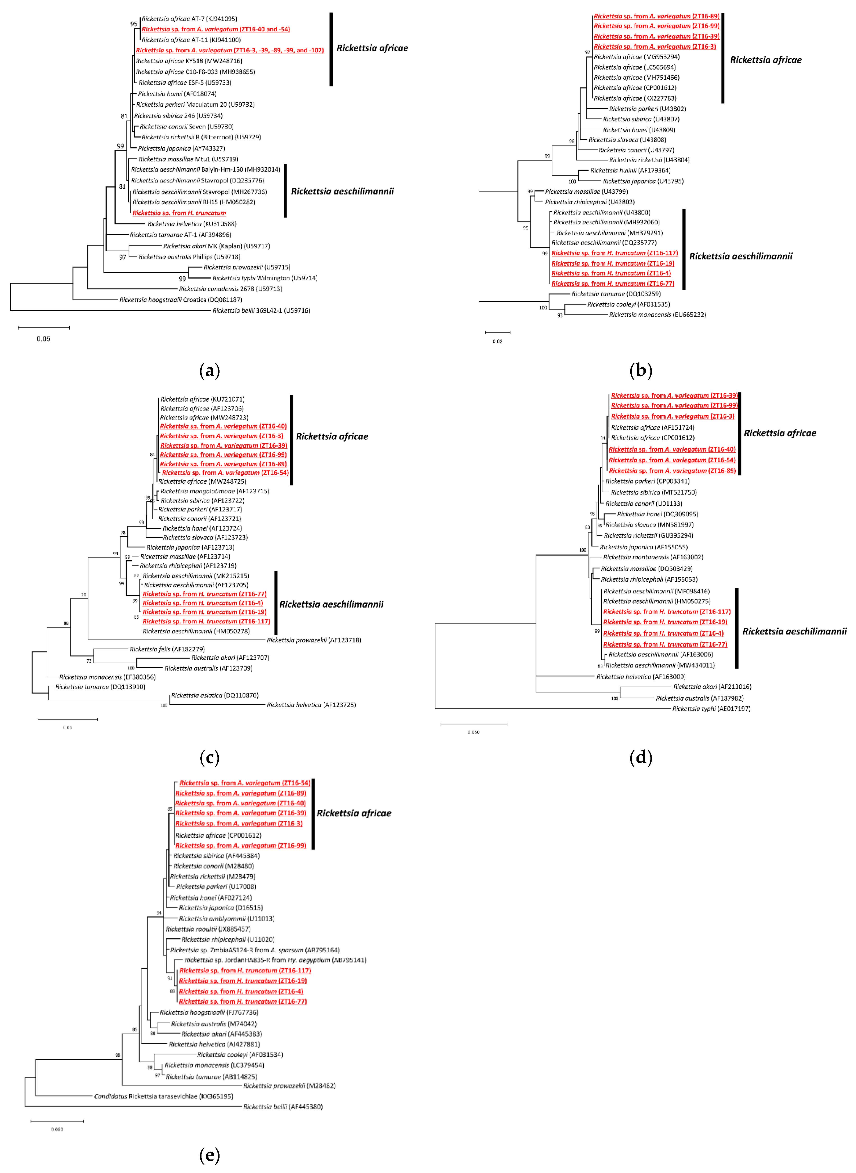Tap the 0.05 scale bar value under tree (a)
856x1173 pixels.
[43, 339]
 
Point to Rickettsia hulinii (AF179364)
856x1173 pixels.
[630, 170]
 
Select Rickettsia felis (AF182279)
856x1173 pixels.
[167, 649]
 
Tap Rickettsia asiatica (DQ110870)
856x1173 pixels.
[215, 695]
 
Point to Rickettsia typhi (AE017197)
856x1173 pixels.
[711, 709]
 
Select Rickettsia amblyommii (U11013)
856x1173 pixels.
[227, 919]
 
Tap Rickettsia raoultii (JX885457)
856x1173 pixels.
[208, 929]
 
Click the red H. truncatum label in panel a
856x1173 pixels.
[179, 213]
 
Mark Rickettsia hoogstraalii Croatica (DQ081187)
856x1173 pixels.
[180, 300]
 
